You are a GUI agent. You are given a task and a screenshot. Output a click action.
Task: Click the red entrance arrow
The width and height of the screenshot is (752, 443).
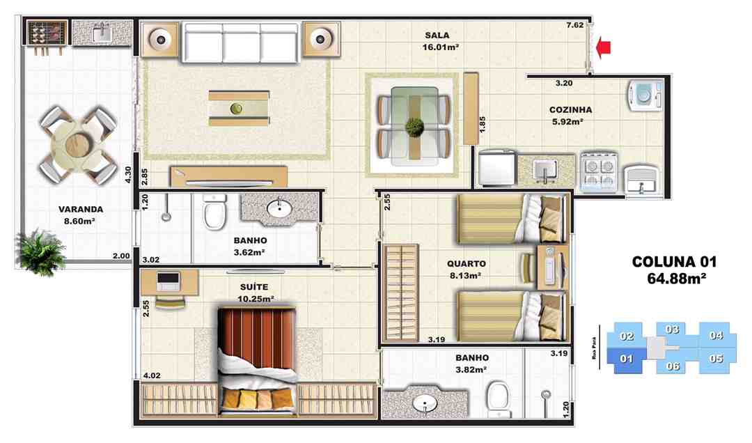[x=603, y=47]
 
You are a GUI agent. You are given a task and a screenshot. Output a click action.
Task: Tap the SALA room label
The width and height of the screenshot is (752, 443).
[x=437, y=35]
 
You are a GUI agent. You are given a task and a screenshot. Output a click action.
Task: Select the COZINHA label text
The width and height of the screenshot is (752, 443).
[x=570, y=109]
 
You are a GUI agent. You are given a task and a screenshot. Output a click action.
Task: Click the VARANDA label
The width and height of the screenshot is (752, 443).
[x=81, y=209]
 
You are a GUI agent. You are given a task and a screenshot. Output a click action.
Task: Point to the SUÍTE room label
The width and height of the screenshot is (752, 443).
[x=254, y=286]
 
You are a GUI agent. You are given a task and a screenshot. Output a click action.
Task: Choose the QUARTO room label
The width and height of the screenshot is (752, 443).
[x=466, y=263]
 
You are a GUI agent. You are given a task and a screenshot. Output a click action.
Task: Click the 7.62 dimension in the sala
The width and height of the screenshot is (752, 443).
[x=574, y=25]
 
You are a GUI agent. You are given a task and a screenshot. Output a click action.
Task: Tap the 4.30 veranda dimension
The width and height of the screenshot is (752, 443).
[x=128, y=174]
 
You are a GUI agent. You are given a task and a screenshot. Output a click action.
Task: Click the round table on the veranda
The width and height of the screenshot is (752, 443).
[x=78, y=144]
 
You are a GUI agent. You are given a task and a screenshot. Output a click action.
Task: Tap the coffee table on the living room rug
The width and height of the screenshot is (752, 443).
[x=238, y=109]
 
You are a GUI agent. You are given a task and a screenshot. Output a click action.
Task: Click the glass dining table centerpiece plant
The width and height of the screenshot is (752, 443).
[x=414, y=127]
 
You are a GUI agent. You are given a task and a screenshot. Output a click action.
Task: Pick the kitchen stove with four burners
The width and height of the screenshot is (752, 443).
[x=599, y=171]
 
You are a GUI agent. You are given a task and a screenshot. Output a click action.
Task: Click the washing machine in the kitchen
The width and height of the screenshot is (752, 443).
[x=645, y=95]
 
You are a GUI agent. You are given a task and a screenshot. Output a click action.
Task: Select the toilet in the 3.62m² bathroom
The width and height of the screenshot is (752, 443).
[x=214, y=210]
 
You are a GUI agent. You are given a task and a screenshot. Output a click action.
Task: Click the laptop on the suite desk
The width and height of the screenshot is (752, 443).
[x=169, y=281]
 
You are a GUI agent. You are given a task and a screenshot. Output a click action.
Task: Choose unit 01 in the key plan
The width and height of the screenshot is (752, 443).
[x=626, y=359]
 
